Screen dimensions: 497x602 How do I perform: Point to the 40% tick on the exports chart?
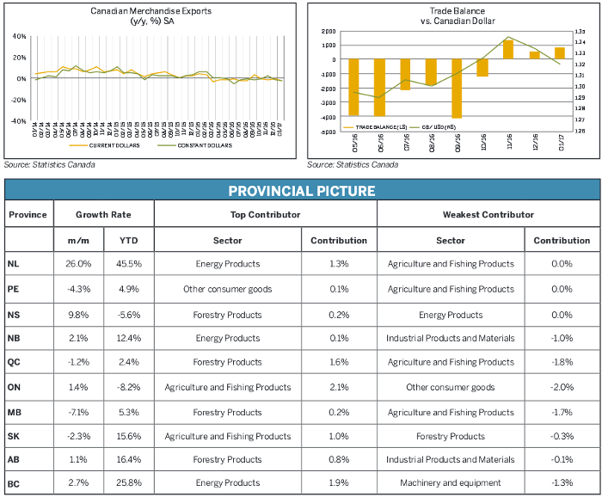point(18,38)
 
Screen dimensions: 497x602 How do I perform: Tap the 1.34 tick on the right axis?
point(580,42)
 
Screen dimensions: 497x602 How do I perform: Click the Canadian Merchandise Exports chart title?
point(151,11)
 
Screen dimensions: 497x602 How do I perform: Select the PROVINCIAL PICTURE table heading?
point(301,191)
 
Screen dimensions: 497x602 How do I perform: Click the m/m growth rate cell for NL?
point(78,264)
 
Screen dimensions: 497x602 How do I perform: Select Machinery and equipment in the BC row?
point(451,484)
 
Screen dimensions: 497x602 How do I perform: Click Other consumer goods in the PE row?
point(228,289)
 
